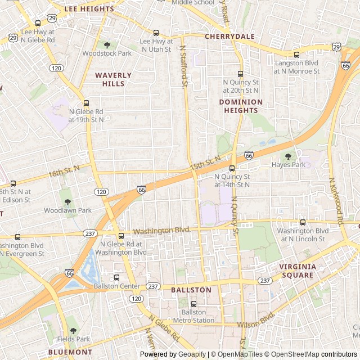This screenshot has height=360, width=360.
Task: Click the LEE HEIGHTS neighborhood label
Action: tap(89, 9)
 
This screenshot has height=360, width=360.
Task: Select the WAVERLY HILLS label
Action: tap(113, 79)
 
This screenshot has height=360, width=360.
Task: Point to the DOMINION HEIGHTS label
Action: tap(240, 106)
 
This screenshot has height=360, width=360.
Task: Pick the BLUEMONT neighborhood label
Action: tap(70, 352)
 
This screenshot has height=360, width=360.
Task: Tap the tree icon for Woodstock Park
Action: tap(107, 44)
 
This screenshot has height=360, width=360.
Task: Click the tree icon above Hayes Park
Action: tap(288, 156)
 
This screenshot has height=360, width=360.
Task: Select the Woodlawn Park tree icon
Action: tap(67, 202)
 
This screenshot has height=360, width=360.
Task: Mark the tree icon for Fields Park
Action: tap(73, 331)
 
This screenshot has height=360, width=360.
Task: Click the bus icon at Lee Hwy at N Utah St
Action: tap(156, 33)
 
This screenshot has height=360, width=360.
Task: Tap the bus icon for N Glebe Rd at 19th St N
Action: tap(86, 103)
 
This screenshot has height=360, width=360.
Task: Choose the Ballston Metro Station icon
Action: tap(193, 304)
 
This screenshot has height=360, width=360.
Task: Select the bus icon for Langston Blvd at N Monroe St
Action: tap(296, 55)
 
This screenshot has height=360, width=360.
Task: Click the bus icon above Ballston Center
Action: tap(116, 277)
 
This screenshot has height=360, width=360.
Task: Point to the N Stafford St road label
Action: tap(183, 66)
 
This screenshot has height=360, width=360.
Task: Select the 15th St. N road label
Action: tap(205, 164)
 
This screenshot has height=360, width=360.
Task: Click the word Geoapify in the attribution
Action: tap(191, 354)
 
